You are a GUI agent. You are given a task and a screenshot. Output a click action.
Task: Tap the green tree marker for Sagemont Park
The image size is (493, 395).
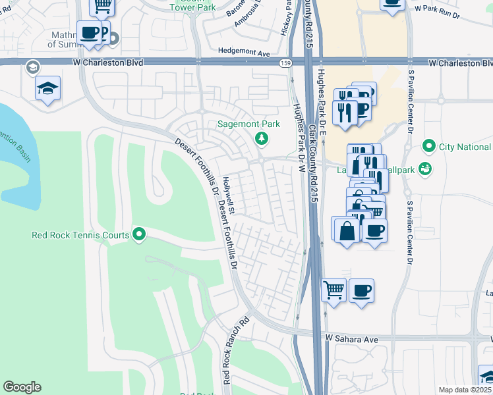tap(262, 138)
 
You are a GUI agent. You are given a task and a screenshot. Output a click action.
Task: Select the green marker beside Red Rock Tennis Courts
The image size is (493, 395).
tap(138, 234)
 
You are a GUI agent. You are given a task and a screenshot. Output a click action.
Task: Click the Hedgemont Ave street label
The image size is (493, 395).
tap(245, 52)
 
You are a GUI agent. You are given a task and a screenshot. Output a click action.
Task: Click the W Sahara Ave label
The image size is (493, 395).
tap(352, 338)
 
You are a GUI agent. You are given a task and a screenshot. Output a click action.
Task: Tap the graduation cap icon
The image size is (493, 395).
tap(47, 89)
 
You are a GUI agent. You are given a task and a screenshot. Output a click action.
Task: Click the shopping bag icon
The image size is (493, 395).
tap(347, 231)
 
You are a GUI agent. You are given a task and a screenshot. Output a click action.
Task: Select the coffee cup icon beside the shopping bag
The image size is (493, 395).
tap(374, 231)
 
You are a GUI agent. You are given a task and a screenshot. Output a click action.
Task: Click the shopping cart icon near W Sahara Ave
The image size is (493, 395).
tap(334, 289)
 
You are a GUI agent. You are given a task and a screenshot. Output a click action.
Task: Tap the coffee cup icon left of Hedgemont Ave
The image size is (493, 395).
tap(89, 32)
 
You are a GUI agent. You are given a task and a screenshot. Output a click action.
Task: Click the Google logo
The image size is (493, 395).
tap(22, 387)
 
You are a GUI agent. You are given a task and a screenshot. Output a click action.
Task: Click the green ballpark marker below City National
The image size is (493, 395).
tap(425, 169)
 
